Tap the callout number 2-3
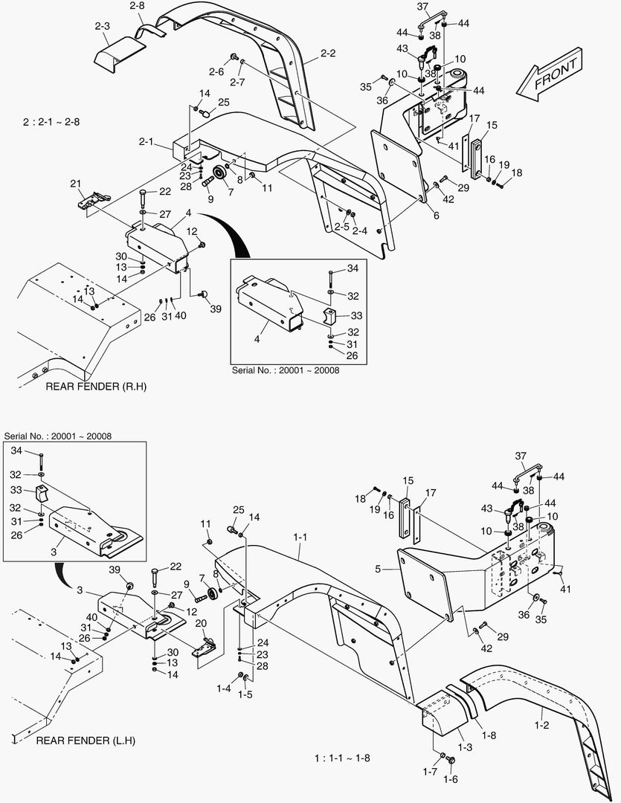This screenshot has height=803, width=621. tap(102, 26)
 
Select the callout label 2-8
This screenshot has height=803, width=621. tap(137, 6)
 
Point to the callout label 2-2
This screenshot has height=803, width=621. tap(329, 54)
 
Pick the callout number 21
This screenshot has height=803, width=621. tap(75, 184)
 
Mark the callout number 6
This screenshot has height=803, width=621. tap(435, 216)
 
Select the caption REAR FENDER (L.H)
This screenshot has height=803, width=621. tap(86, 741)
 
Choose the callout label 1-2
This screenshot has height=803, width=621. tap(541, 725)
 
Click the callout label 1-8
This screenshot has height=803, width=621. tap(489, 736)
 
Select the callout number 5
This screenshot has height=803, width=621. tap(379, 570)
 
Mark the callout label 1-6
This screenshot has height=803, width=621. tap(450, 779)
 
